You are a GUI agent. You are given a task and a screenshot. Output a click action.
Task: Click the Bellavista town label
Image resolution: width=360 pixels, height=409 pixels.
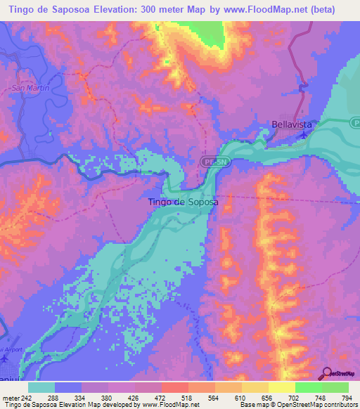click(x=292, y=126)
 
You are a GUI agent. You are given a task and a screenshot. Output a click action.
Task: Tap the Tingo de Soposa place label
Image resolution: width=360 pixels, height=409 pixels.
click(x=183, y=202)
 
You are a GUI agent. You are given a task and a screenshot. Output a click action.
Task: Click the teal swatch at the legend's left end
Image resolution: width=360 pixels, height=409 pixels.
click(x=41, y=387)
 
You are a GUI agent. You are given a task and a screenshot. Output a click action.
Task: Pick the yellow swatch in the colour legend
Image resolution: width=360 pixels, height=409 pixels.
click(x=282, y=387)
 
